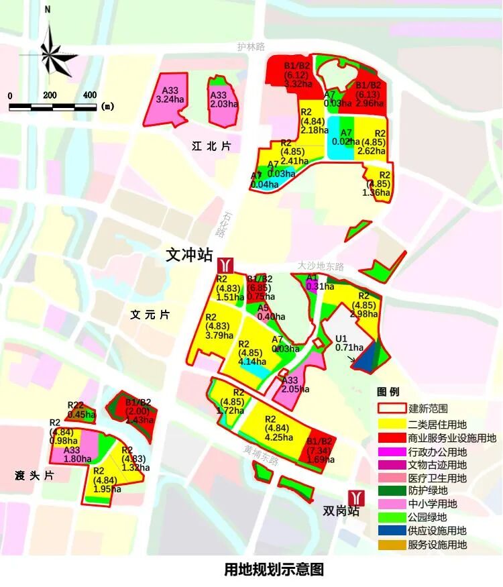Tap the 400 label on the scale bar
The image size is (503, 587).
click(90, 95)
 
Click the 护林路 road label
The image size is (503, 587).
click(251, 46)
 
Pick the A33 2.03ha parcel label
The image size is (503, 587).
click(224, 99)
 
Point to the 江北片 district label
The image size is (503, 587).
click(211, 146)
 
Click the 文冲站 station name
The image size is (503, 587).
click(189, 255)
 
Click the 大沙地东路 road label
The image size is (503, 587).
click(321, 266)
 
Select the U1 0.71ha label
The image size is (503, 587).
click(349, 343)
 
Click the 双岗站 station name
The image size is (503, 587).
click(341, 511)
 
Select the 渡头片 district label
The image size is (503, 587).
click(34, 476)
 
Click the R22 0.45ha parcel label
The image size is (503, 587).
click(81, 410)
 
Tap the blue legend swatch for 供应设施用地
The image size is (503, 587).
click(392, 531)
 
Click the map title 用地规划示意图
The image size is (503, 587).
click(274, 570)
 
